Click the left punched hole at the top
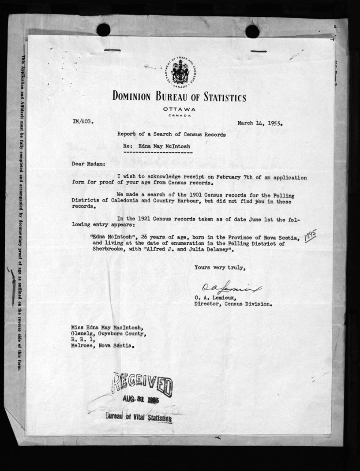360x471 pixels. [x=103, y=30]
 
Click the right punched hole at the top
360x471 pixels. [x=252, y=31]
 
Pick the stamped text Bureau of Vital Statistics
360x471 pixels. [x=138, y=417]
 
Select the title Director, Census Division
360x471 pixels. [x=233, y=304]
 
